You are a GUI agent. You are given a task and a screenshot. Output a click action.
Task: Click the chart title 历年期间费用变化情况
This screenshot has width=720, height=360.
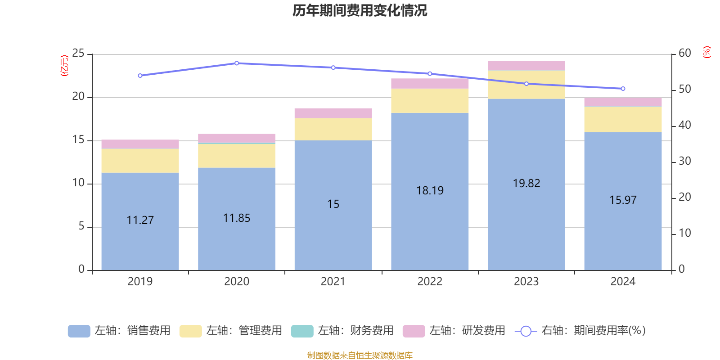360,11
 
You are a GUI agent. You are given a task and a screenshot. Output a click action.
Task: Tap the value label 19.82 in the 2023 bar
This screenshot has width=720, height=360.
526,183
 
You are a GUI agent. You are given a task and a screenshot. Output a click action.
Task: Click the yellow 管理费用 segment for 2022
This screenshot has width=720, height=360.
430,101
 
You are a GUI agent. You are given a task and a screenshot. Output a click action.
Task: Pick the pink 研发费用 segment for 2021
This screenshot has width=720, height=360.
333,113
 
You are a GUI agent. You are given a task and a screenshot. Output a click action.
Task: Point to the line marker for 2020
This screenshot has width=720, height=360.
237,63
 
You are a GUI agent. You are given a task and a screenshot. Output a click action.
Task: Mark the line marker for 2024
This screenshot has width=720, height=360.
623,89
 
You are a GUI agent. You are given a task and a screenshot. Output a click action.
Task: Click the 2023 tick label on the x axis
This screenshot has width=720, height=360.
526,282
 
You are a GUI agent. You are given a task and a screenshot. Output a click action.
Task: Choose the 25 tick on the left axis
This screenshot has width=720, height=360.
78,54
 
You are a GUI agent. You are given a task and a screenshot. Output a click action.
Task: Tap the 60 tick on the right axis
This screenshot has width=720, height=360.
685,53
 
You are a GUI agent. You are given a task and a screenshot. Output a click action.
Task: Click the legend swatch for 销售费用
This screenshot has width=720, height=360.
79,331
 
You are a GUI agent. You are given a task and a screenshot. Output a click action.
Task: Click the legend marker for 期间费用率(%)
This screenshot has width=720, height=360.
526,331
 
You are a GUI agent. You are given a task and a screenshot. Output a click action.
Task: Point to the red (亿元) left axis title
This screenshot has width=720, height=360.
64,66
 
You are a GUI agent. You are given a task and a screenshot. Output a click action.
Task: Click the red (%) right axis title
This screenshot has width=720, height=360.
706,52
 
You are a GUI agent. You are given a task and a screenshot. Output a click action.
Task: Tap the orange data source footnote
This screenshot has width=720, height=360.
360,355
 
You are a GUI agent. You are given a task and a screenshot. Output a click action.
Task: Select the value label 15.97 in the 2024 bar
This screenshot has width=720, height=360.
623,200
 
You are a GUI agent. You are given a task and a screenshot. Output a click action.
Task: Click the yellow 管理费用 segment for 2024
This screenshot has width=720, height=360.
623,119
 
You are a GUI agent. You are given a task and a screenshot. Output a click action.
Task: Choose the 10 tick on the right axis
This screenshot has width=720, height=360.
685,233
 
